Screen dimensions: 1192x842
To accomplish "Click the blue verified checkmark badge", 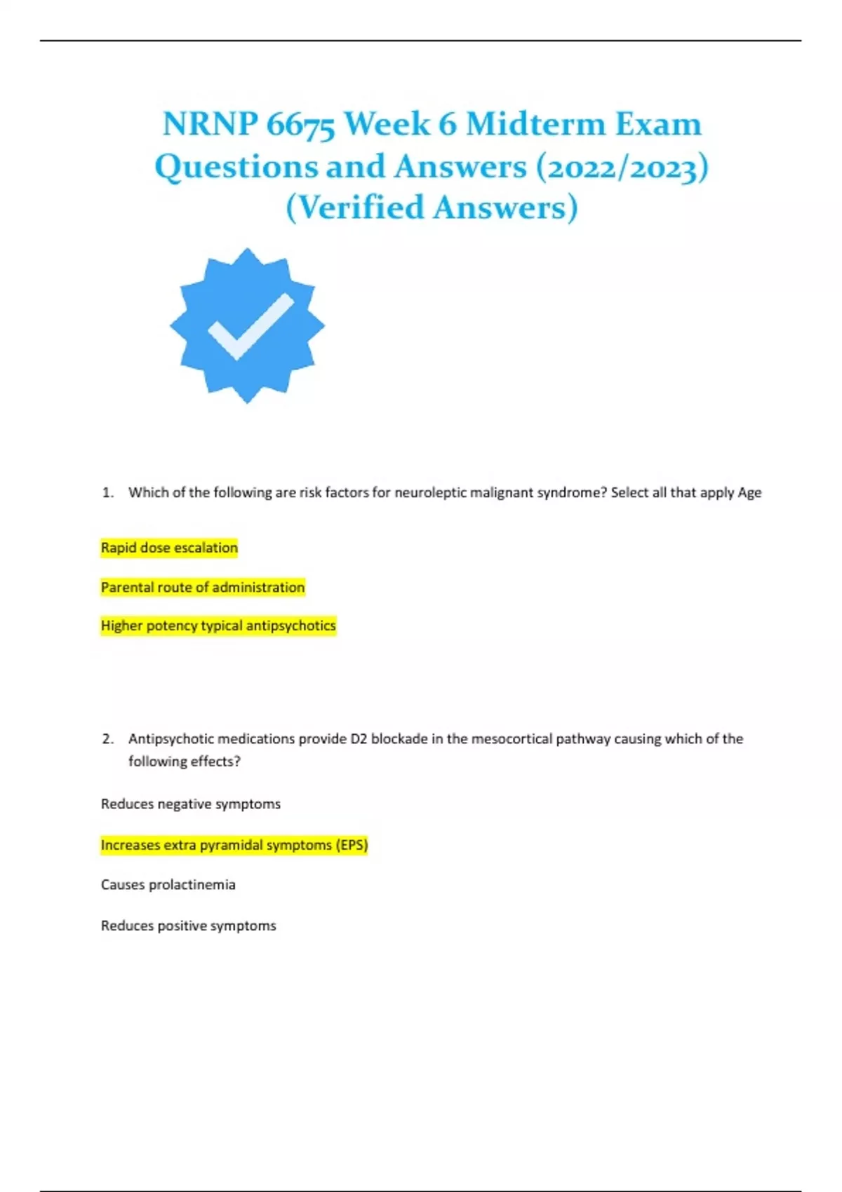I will tap(247, 325).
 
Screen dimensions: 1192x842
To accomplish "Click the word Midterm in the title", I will tap(535, 125).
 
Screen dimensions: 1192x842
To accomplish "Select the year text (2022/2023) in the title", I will tap(622, 167).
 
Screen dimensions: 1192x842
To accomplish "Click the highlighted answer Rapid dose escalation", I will tap(169, 548).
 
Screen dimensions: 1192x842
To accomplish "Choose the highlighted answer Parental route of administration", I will tap(203, 587).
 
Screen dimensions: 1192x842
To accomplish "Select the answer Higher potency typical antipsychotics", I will tap(218, 625).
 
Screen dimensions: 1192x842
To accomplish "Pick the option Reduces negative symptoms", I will tap(191, 804).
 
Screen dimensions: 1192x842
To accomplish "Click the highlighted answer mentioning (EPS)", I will tap(234, 845).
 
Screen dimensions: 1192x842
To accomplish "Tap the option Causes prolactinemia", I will tap(168, 885).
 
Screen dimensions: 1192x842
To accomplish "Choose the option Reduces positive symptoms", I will tap(189, 926).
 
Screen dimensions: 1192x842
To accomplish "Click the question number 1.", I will tap(107, 493).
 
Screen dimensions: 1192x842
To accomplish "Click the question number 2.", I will tap(107, 739).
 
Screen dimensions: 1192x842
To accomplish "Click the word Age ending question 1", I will tap(749, 493).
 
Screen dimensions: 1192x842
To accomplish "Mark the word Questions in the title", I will tap(234, 167).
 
